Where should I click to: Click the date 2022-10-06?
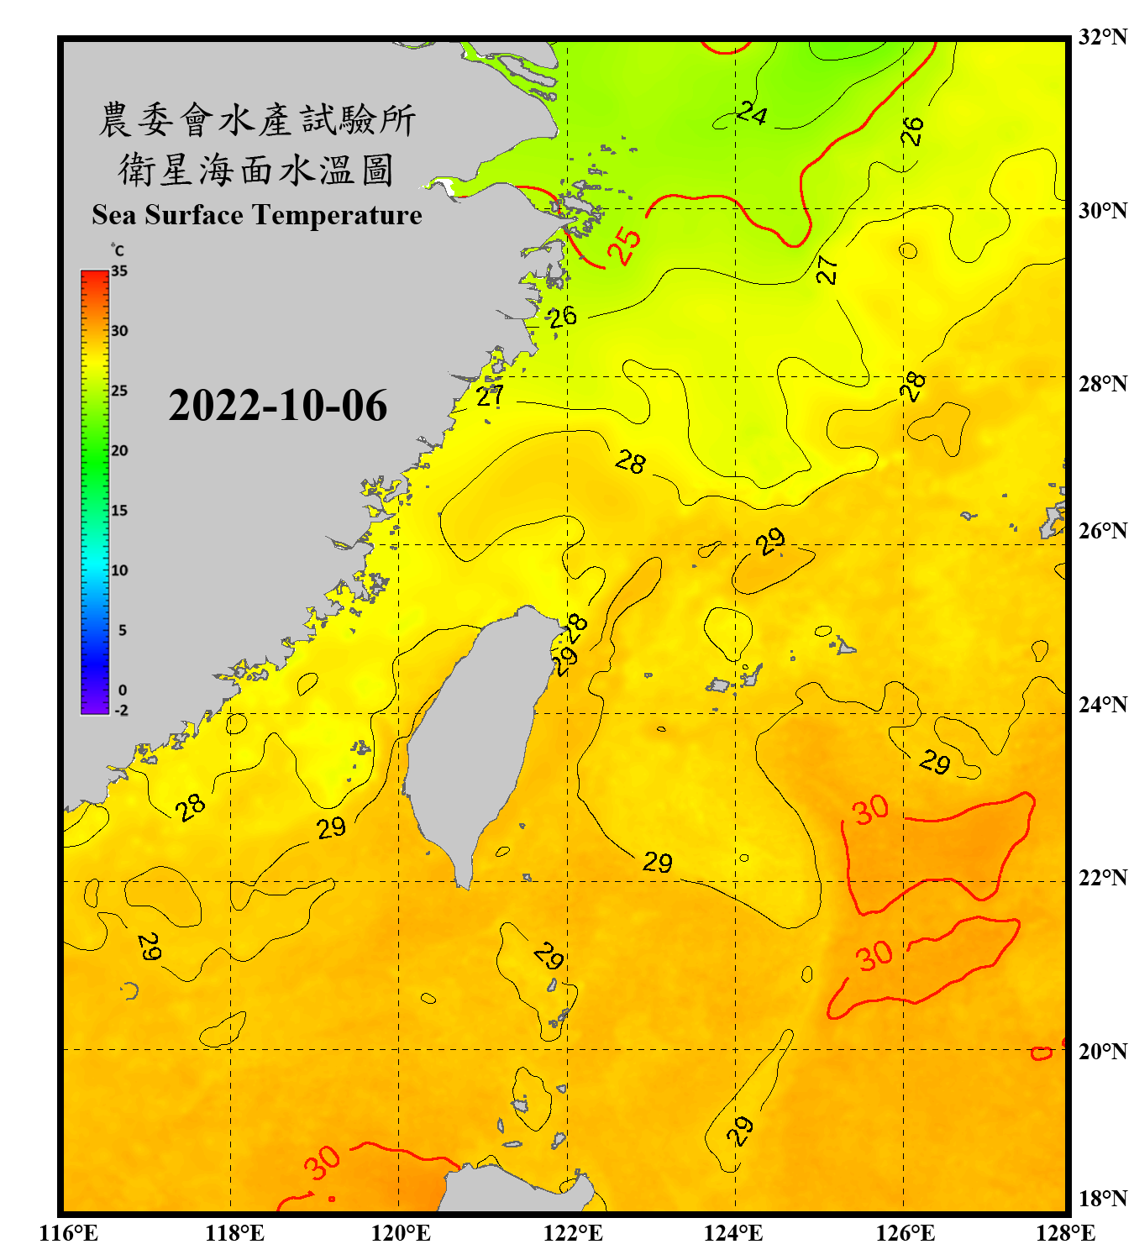coord(277,406)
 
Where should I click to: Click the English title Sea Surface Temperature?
coord(257,215)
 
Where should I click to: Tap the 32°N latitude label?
coord(1102,37)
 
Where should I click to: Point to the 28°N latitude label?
coord(1102,384)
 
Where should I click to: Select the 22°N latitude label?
coord(1102,878)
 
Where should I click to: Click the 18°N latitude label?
coord(1102,1199)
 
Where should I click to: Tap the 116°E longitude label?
coord(69,1233)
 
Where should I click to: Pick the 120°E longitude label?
coord(401,1233)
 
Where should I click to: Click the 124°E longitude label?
coord(733,1233)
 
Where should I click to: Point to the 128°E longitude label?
coord(1065,1233)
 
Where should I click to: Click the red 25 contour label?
coord(625,245)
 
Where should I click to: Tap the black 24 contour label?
coord(752,113)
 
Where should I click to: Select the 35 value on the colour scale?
coord(119,270)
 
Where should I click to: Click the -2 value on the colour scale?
coord(121,710)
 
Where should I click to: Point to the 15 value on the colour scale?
coord(119,510)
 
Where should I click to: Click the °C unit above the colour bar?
coord(117,250)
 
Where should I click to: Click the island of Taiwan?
coord(470,739)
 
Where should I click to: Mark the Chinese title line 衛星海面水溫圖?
coord(255,170)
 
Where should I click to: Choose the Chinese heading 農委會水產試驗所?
coord(257,120)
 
